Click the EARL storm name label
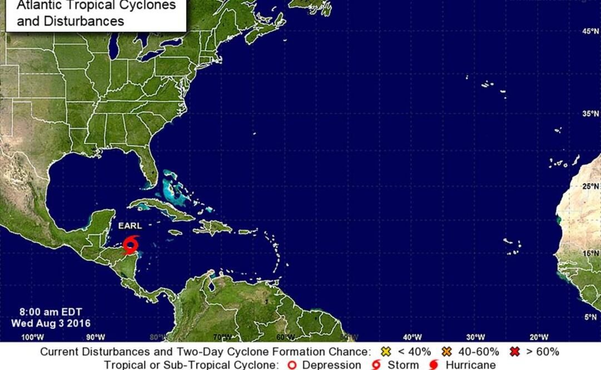pos(130,226)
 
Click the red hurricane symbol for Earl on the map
pos(132,244)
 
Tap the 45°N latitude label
pos(590,32)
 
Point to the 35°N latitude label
pos(590,113)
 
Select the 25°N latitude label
pos(590,186)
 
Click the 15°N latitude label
pos(590,253)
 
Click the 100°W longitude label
pos(32,337)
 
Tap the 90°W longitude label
pos(96,337)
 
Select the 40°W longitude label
pos(412,337)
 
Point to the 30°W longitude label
pos(475,337)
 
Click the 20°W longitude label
pos(538,337)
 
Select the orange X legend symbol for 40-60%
pos(445,352)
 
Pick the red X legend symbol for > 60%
pos(514,352)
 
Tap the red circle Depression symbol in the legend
pos(292,365)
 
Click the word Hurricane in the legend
pos(470,365)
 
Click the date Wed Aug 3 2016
pos(51,323)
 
